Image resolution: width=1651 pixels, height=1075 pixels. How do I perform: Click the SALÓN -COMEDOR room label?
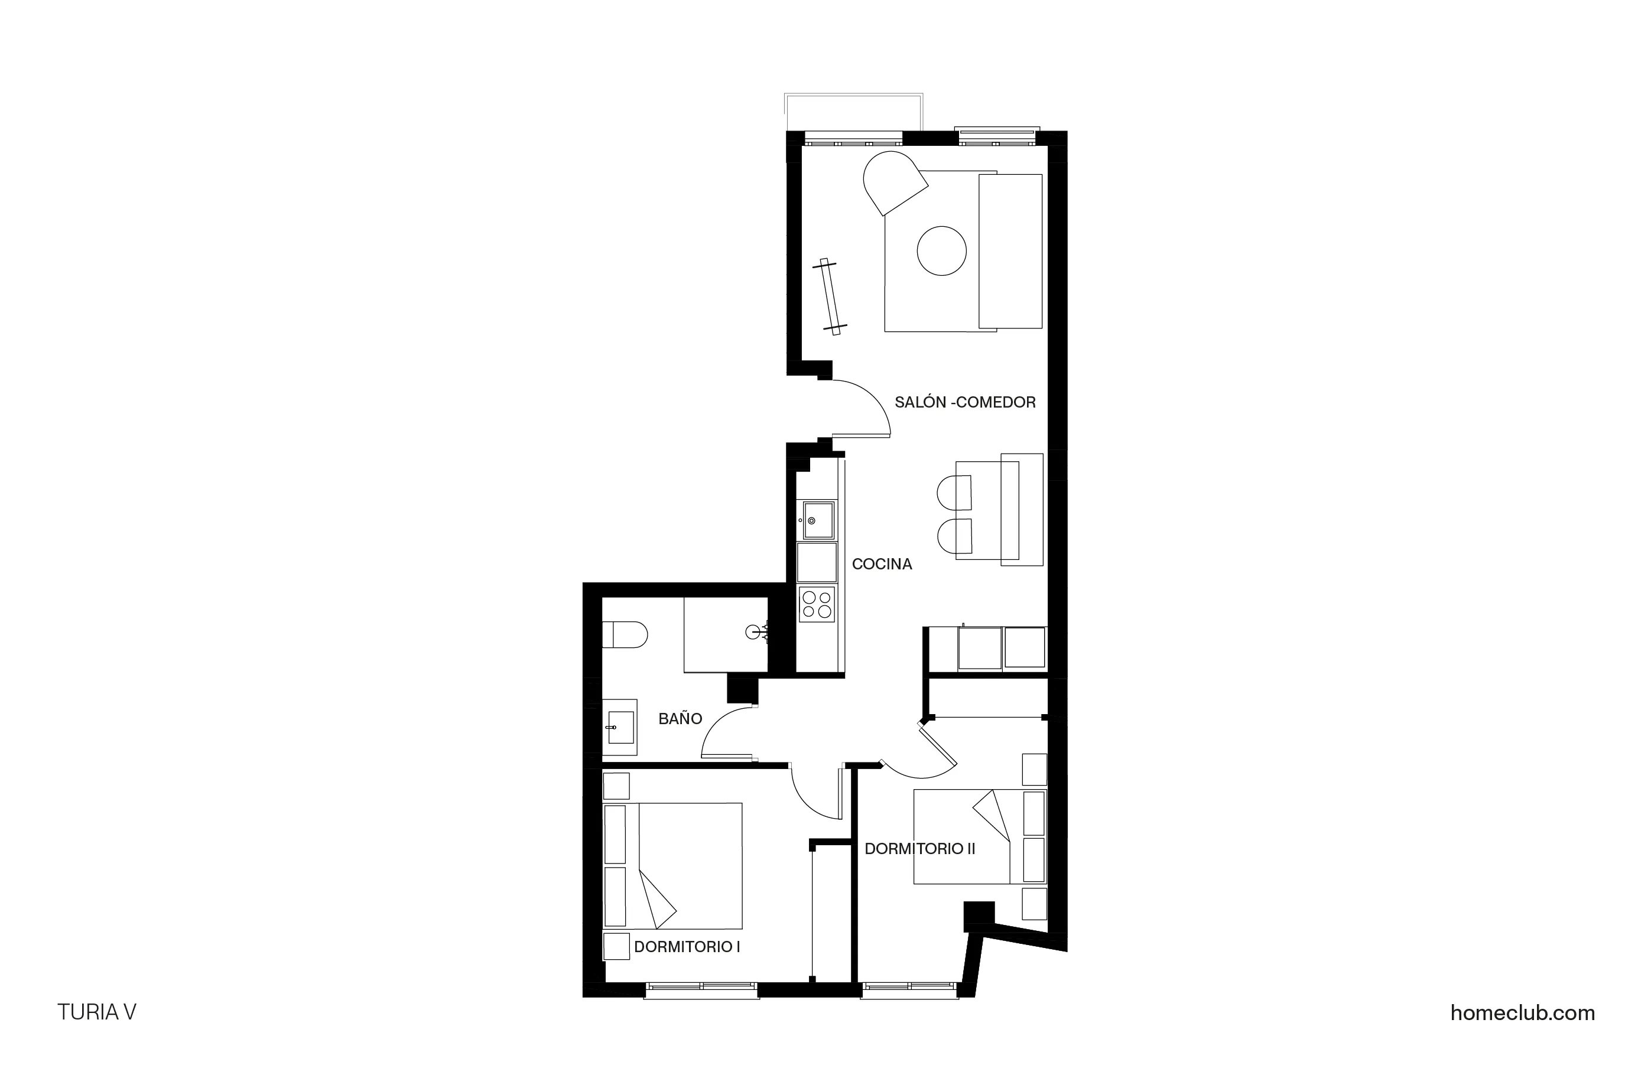pyautogui.click(x=964, y=402)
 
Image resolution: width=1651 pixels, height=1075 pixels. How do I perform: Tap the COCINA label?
pyautogui.click(x=881, y=564)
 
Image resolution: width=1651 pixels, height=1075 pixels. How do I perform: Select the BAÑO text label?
pyautogui.click(x=680, y=718)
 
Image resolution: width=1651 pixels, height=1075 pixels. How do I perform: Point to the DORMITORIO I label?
pyautogui.click(x=687, y=947)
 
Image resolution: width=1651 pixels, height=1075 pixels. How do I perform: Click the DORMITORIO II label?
pyautogui.click(x=919, y=848)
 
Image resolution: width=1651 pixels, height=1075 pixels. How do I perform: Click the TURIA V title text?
pyautogui.click(x=96, y=1012)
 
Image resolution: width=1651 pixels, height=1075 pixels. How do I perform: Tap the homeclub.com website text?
pyautogui.click(x=1522, y=1012)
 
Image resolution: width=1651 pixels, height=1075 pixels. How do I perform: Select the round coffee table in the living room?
pyautogui.click(x=941, y=251)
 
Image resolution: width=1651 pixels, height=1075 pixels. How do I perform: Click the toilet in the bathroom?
pyautogui.click(x=625, y=634)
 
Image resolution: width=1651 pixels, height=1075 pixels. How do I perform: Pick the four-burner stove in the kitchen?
pyautogui.click(x=817, y=604)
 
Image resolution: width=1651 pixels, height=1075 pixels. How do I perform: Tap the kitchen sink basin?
pyautogui.click(x=818, y=520)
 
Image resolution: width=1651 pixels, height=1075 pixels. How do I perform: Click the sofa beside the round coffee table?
pyautogui.click(x=1010, y=251)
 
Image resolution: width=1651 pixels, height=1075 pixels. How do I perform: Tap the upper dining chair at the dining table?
pyautogui.click(x=954, y=493)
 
